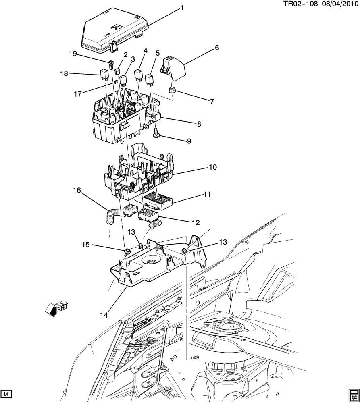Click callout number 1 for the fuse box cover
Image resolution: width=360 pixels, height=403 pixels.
(x=182, y=8)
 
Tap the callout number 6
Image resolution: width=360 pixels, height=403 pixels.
(x=217, y=47)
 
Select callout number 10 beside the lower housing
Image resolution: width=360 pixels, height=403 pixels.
(x=212, y=166)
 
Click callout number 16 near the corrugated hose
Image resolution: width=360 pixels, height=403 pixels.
(x=76, y=190)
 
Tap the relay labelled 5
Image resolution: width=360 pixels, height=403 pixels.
(x=150, y=80)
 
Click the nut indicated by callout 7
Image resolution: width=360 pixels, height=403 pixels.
(x=171, y=92)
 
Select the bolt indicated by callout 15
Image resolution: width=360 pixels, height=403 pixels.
(x=127, y=252)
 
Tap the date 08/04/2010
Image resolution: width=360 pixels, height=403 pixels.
(x=339, y=4)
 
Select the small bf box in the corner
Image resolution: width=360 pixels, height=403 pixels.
(x=6, y=393)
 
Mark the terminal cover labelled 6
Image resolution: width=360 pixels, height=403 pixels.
(x=173, y=69)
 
